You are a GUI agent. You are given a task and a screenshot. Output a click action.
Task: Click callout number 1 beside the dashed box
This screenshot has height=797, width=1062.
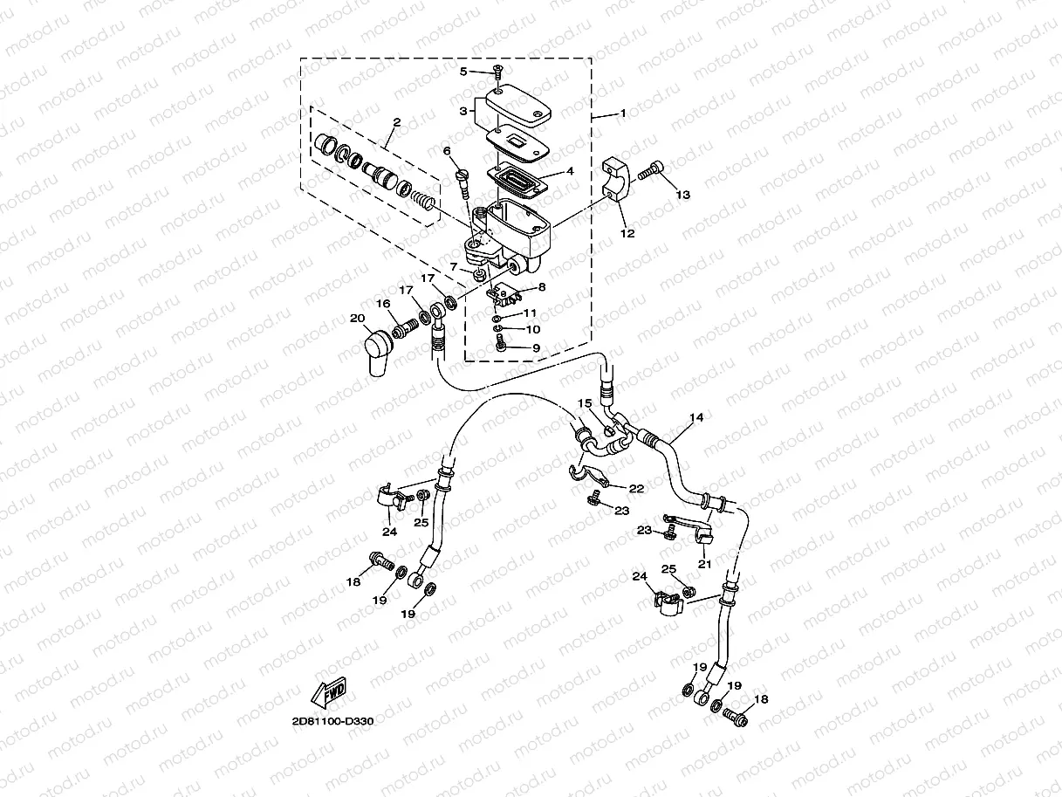click(x=623, y=113)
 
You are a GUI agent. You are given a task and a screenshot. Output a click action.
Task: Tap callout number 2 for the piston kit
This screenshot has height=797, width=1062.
click(x=396, y=123)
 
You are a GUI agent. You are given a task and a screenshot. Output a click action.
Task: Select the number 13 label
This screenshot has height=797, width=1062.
click(x=683, y=195)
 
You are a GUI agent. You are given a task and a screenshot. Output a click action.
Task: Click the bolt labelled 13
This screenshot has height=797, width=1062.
click(x=652, y=172)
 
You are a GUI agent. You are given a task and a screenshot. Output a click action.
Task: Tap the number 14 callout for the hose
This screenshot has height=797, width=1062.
click(x=695, y=418)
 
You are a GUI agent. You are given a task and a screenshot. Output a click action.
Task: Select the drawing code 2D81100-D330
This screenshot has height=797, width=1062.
click(x=332, y=722)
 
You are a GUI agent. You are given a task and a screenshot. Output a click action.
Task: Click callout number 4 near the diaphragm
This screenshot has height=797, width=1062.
click(x=570, y=171)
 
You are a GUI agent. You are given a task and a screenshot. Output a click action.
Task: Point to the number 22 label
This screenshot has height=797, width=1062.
click(x=637, y=489)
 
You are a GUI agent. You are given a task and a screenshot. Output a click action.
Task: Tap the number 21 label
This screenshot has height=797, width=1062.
click(x=704, y=564)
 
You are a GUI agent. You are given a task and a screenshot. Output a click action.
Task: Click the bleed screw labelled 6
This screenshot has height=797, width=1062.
click(x=462, y=179)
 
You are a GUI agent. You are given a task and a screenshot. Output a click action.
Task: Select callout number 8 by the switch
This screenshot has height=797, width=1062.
click(x=541, y=286)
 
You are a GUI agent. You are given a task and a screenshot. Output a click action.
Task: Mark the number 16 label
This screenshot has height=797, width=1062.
click(x=382, y=303)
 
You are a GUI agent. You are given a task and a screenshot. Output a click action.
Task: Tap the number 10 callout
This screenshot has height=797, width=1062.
click(x=532, y=329)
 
